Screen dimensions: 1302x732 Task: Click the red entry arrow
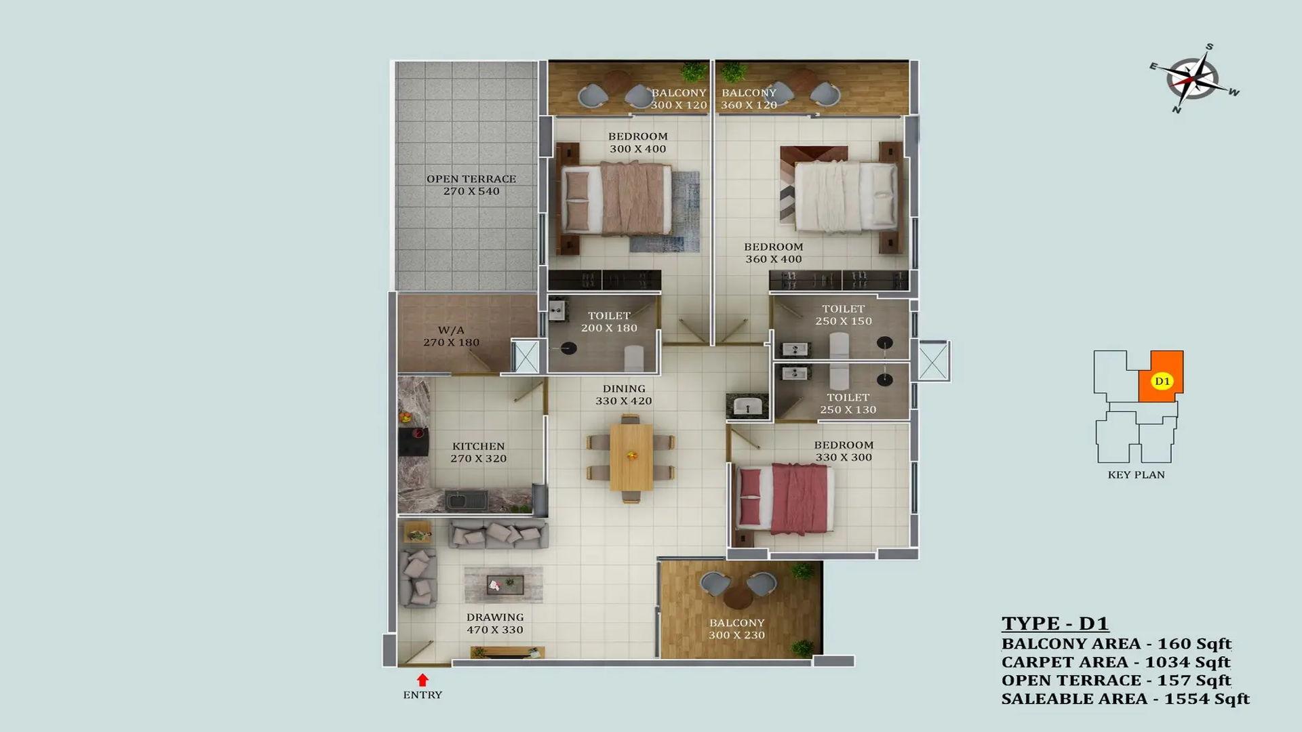pyautogui.click(x=422, y=680)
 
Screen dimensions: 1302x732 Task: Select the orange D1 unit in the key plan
pyautogui.click(x=1162, y=376)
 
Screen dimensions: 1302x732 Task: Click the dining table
pyautogui.click(x=631, y=457)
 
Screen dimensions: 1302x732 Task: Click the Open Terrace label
pyautogui.click(x=471, y=185)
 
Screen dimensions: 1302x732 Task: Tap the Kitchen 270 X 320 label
pyautogui.click(x=479, y=452)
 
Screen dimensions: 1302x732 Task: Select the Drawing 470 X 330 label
pyautogui.click(x=495, y=624)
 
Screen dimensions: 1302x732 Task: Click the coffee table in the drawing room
pyautogui.click(x=504, y=584)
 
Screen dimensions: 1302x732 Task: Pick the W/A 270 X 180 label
pyautogui.click(x=452, y=336)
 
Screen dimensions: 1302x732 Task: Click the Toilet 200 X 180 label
pyautogui.click(x=609, y=322)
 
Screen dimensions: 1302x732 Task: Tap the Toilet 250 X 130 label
pyautogui.click(x=848, y=403)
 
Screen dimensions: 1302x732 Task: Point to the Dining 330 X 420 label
pyautogui.click(x=624, y=394)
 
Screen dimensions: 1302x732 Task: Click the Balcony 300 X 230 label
pyautogui.click(x=737, y=629)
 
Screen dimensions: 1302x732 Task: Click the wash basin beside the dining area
pyautogui.click(x=747, y=407)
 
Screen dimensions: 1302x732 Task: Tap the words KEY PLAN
pyautogui.click(x=1137, y=475)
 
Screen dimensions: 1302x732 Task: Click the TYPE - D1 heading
pyautogui.click(x=1055, y=624)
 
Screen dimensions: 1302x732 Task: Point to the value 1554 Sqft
pyautogui.click(x=1207, y=699)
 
